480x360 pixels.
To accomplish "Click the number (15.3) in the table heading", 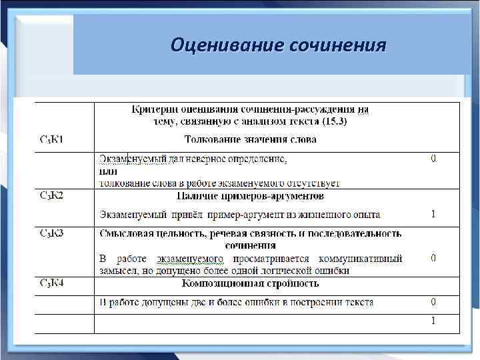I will click(x=333, y=122).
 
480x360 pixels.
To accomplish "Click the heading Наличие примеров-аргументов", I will click(x=250, y=196).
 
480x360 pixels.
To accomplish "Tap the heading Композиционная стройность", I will click(x=250, y=283).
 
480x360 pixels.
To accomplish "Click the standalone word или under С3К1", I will click(x=108, y=171).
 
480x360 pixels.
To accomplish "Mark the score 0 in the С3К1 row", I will click(x=433, y=159).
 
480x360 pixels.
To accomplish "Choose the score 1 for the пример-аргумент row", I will click(x=433, y=214).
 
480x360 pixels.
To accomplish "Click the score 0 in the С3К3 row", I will click(x=433, y=257).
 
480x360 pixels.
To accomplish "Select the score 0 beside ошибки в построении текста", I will click(x=433, y=302).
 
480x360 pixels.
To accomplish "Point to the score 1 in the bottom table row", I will click(x=433, y=321).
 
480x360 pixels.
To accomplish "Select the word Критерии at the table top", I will click(x=153, y=109).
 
